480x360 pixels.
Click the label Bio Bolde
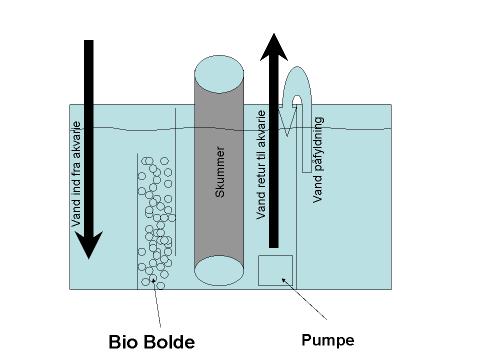[151, 342]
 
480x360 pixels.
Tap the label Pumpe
[327, 340]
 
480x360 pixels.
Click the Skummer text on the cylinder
[220, 171]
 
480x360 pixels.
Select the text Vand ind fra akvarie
[76, 174]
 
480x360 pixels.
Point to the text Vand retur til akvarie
[261, 165]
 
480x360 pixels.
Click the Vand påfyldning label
[318, 160]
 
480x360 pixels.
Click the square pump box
[275, 270]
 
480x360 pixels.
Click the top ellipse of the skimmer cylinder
[219, 74]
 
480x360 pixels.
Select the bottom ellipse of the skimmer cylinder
[219, 272]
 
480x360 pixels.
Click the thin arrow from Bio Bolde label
[157, 305]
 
